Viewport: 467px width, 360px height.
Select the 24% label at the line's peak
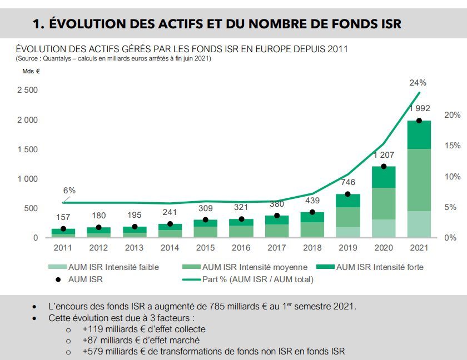[418, 83]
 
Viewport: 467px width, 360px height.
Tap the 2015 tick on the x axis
[205, 247]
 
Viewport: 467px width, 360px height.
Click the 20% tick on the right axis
[453, 115]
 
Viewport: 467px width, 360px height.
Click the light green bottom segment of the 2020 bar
[383, 228]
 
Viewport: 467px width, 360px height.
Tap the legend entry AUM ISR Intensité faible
[113, 267]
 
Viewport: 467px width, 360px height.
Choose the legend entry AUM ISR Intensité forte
[379, 267]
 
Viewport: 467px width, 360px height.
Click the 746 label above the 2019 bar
[347, 182]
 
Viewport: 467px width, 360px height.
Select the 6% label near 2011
[69, 191]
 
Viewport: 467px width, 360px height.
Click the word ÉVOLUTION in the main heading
[83, 24]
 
